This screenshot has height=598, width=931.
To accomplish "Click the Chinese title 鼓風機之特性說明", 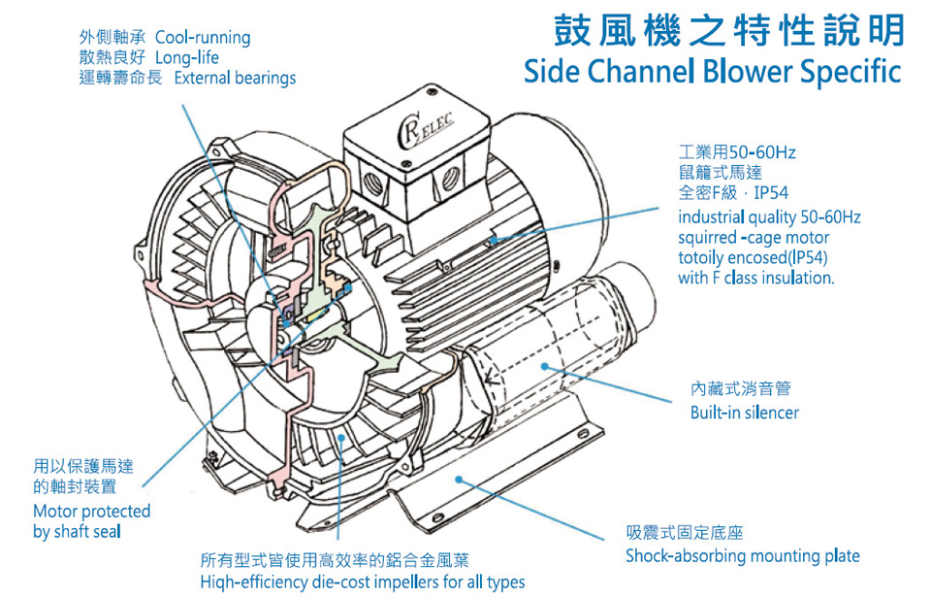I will [728, 31].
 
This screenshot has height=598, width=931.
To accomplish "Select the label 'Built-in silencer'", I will [744, 413].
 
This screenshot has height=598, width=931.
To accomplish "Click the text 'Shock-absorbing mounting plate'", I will [742, 556].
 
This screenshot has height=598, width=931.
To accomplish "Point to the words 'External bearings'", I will [235, 78].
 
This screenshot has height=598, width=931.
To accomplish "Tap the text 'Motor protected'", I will [92, 511].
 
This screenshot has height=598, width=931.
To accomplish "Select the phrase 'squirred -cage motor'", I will [754, 237].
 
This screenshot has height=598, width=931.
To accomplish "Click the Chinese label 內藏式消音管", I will [740, 388].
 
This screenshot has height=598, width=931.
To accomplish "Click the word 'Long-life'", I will [187, 57].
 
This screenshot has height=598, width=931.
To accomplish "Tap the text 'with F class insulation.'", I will [755, 278].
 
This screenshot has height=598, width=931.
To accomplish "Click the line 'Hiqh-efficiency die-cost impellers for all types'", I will [362, 582].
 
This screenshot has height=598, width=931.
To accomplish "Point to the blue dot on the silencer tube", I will [546, 367].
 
